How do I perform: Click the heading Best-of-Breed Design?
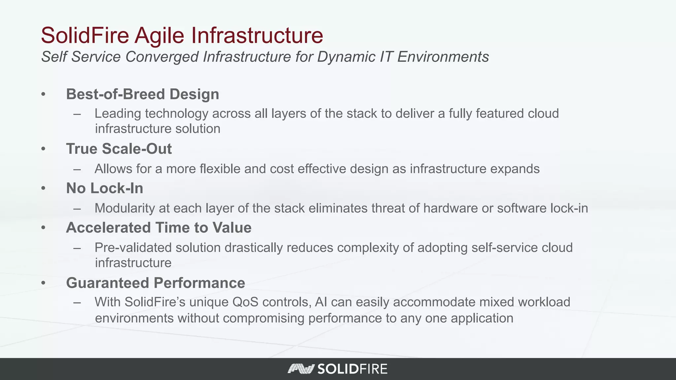click(142, 94)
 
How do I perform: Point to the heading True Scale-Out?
click(119, 149)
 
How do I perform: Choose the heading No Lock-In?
click(105, 188)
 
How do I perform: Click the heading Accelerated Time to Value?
click(158, 228)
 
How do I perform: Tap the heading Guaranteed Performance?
click(155, 283)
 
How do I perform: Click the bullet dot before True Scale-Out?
click(43, 149)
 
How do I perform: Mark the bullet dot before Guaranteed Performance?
click(43, 283)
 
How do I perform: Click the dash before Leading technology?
click(77, 114)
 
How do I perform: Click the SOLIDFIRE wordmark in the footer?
click(352, 369)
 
